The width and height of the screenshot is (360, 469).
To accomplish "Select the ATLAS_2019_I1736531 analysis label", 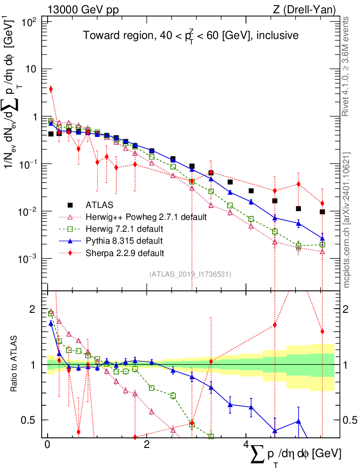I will coord(190,274).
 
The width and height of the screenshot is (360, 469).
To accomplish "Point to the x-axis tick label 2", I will coord(146,445).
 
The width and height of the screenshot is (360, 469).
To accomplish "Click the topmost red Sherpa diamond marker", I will coord(51,89).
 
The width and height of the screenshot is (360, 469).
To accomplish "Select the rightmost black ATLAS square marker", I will coord(322,212).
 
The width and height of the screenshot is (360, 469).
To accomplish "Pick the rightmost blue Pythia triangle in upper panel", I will coord(322,238).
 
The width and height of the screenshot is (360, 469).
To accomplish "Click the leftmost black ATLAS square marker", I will coord(51,134).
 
